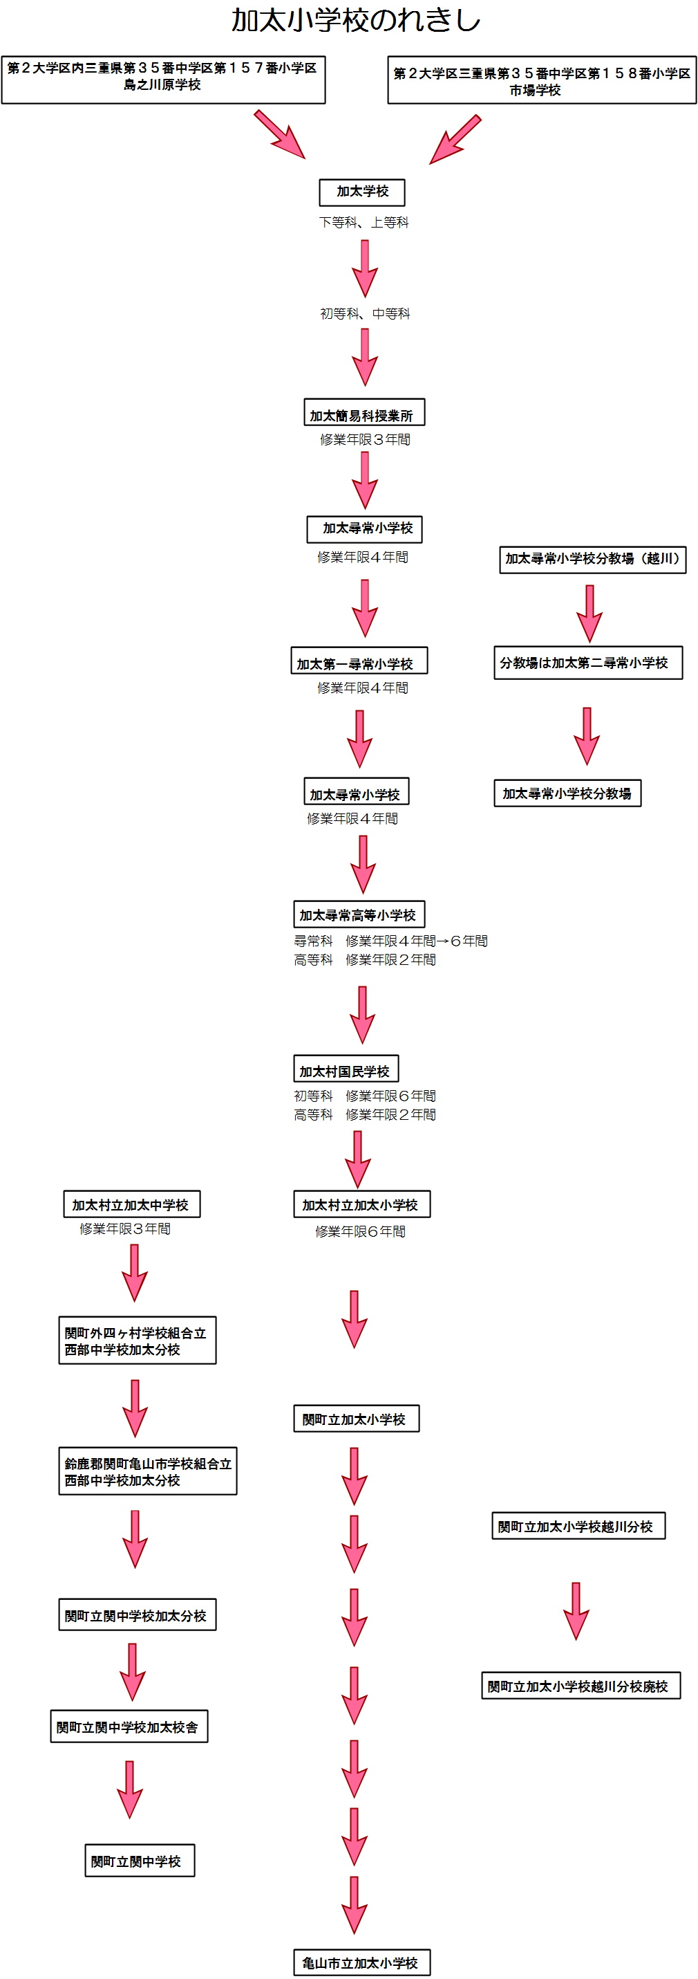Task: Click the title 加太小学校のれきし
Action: (355, 21)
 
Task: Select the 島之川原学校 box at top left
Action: (163, 78)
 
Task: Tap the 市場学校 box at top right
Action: (541, 81)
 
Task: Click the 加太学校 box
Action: (361, 192)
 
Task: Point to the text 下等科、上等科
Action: (364, 223)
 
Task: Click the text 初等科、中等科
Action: (365, 313)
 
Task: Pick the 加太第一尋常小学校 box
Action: (359, 661)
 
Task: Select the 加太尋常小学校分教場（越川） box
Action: (592, 560)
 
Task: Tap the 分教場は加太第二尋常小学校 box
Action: (587, 662)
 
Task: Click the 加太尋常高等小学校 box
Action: (359, 914)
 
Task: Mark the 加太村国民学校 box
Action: (346, 1069)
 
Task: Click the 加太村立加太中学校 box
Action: (131, 1204)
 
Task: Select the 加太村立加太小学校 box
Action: (361, 1204)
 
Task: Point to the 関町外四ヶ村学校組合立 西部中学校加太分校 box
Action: (137, 1341)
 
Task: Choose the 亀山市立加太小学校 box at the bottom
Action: (361, 1963)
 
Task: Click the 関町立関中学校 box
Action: (139, 1861)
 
